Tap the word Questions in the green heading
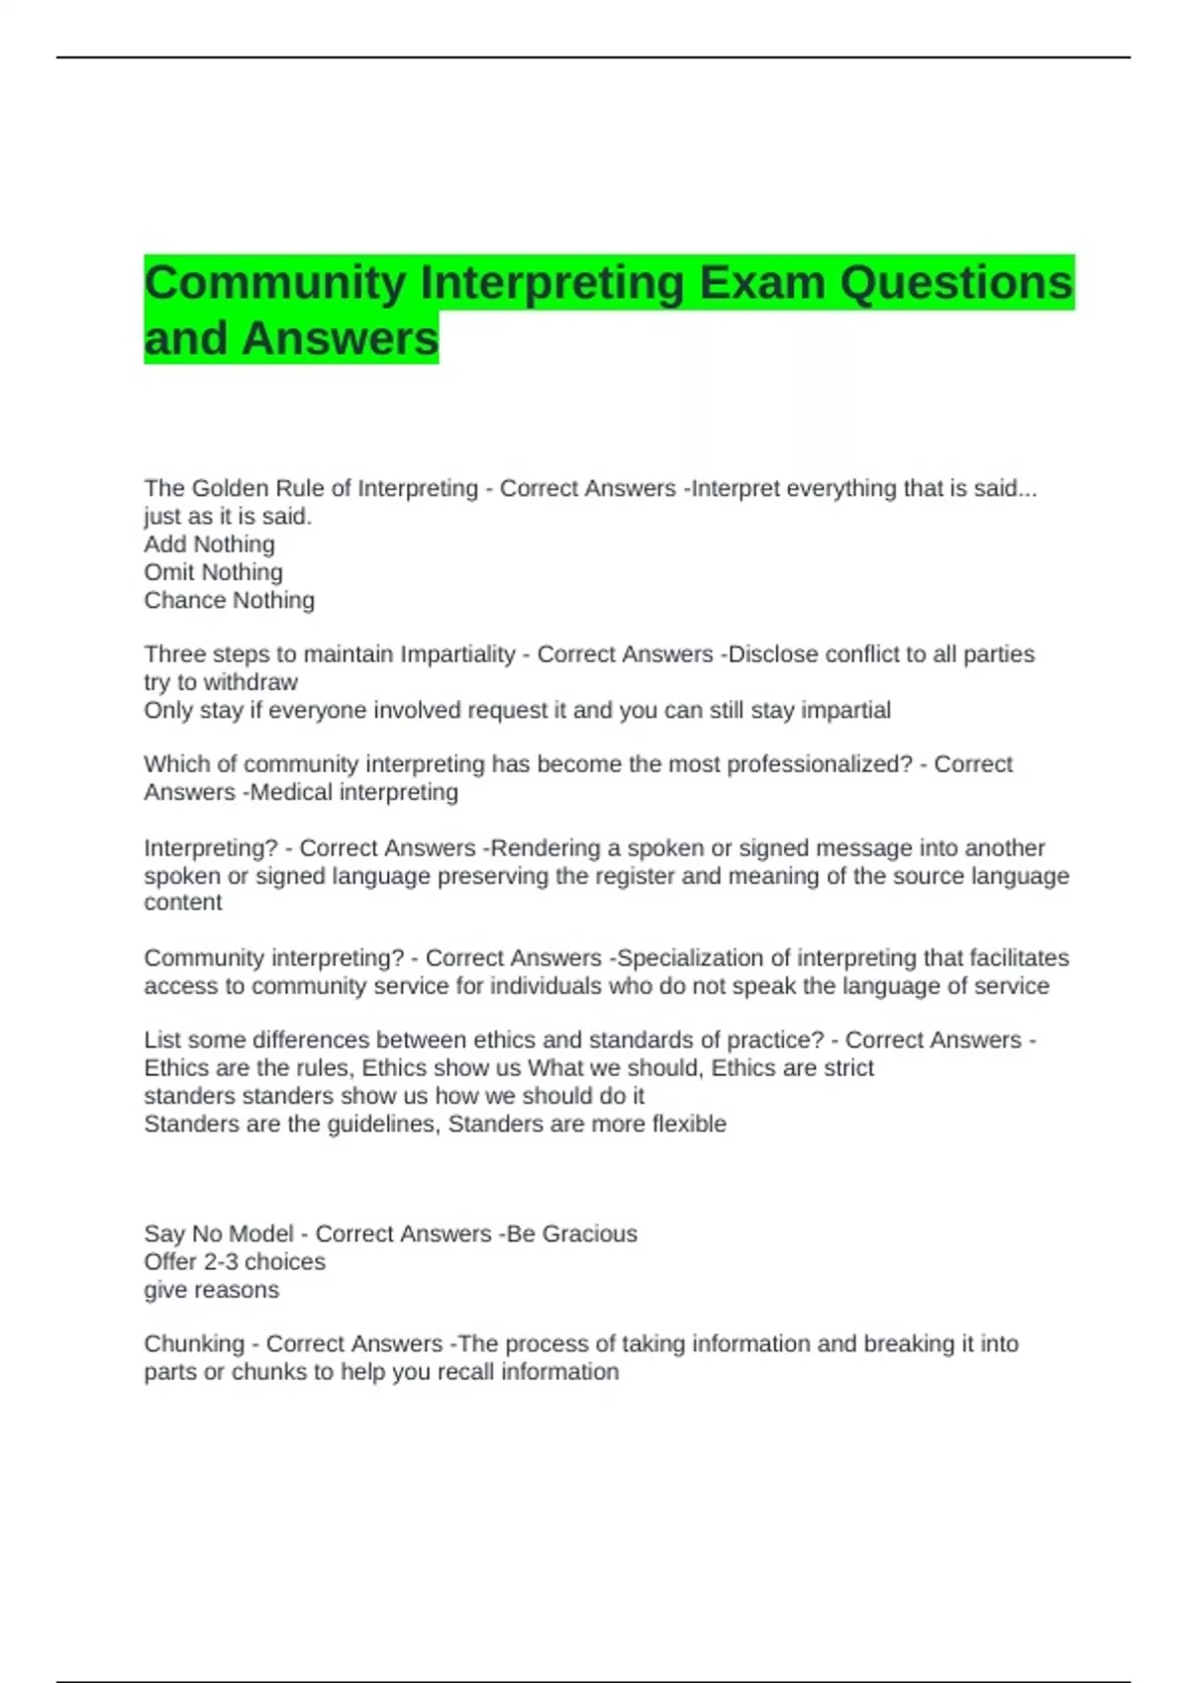point(956,283)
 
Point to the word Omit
point(165,572)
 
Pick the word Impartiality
point(457,654)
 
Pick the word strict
point(845,1068)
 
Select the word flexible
point(689,1124)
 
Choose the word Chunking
point(194,1343)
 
